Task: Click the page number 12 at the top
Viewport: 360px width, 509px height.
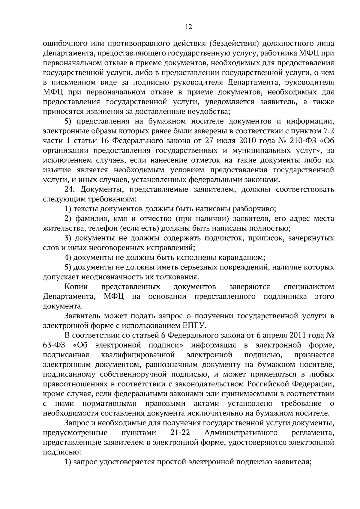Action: [188, 27]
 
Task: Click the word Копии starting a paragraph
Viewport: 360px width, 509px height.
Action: [76, 287]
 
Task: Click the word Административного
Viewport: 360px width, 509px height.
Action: [240, 433]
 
